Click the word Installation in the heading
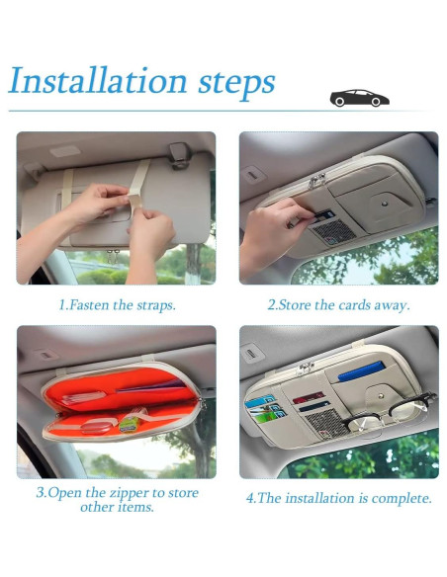(x=98, y=80)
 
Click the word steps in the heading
(x=236, y=84)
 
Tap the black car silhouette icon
(x=359, y=98)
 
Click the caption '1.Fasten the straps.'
(x=118, y=305)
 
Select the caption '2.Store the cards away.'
(x=338, y=305)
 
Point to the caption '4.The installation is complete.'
(x=339, y=498)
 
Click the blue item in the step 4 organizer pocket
(x=362, y=371)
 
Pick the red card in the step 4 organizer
(x=309, y=397)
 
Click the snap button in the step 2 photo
(x=385, y=204)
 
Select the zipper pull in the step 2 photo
(x=316, y=180)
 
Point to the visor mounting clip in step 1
(x=180, y=155)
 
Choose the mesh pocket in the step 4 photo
(x=326, y=423)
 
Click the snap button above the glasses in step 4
(x=382, y=396)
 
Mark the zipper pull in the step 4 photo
(x=306, y=369)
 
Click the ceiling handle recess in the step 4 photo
(x=251, y=354)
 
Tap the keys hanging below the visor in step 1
(x=114, y=257)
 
